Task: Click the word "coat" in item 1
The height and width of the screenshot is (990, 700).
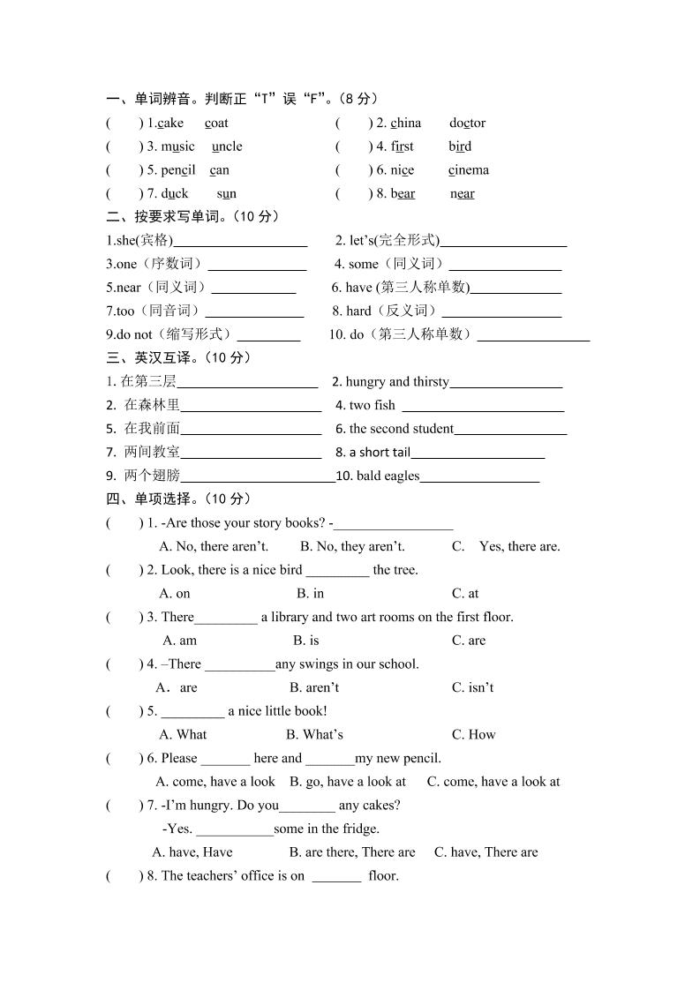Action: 216,123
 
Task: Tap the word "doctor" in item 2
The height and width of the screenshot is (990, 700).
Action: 467,123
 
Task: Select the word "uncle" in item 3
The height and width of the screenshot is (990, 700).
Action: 227,146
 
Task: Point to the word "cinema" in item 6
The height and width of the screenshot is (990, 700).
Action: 468,170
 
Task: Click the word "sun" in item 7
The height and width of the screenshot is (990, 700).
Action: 226,193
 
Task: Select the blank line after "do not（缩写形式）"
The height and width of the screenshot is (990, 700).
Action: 269,336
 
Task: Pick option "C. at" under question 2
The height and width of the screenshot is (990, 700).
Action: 465,594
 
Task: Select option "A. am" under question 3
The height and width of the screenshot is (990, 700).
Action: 180,641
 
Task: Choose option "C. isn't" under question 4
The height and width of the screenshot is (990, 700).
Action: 472,687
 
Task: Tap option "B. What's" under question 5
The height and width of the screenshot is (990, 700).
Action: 314,734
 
